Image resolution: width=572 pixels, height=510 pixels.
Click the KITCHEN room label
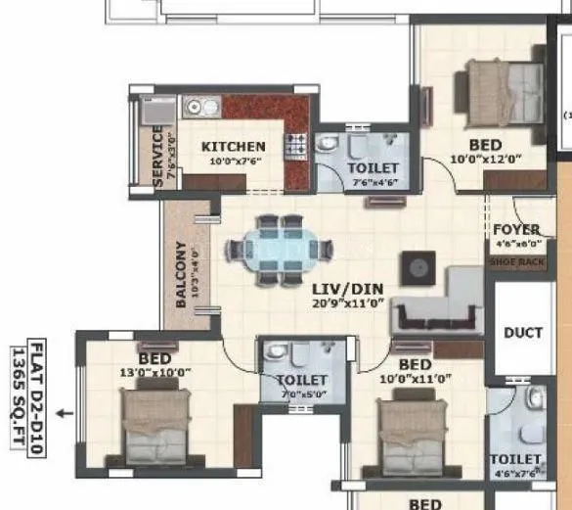(233, 147)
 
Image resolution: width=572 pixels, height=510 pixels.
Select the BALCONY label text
(182, 275)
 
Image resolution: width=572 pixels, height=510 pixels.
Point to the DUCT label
(522, 333)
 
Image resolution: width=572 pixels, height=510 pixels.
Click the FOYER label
(516, 230)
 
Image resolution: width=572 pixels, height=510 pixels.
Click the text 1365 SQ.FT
(17, 387)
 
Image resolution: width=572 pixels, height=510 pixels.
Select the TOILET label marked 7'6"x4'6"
(373, 168)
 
